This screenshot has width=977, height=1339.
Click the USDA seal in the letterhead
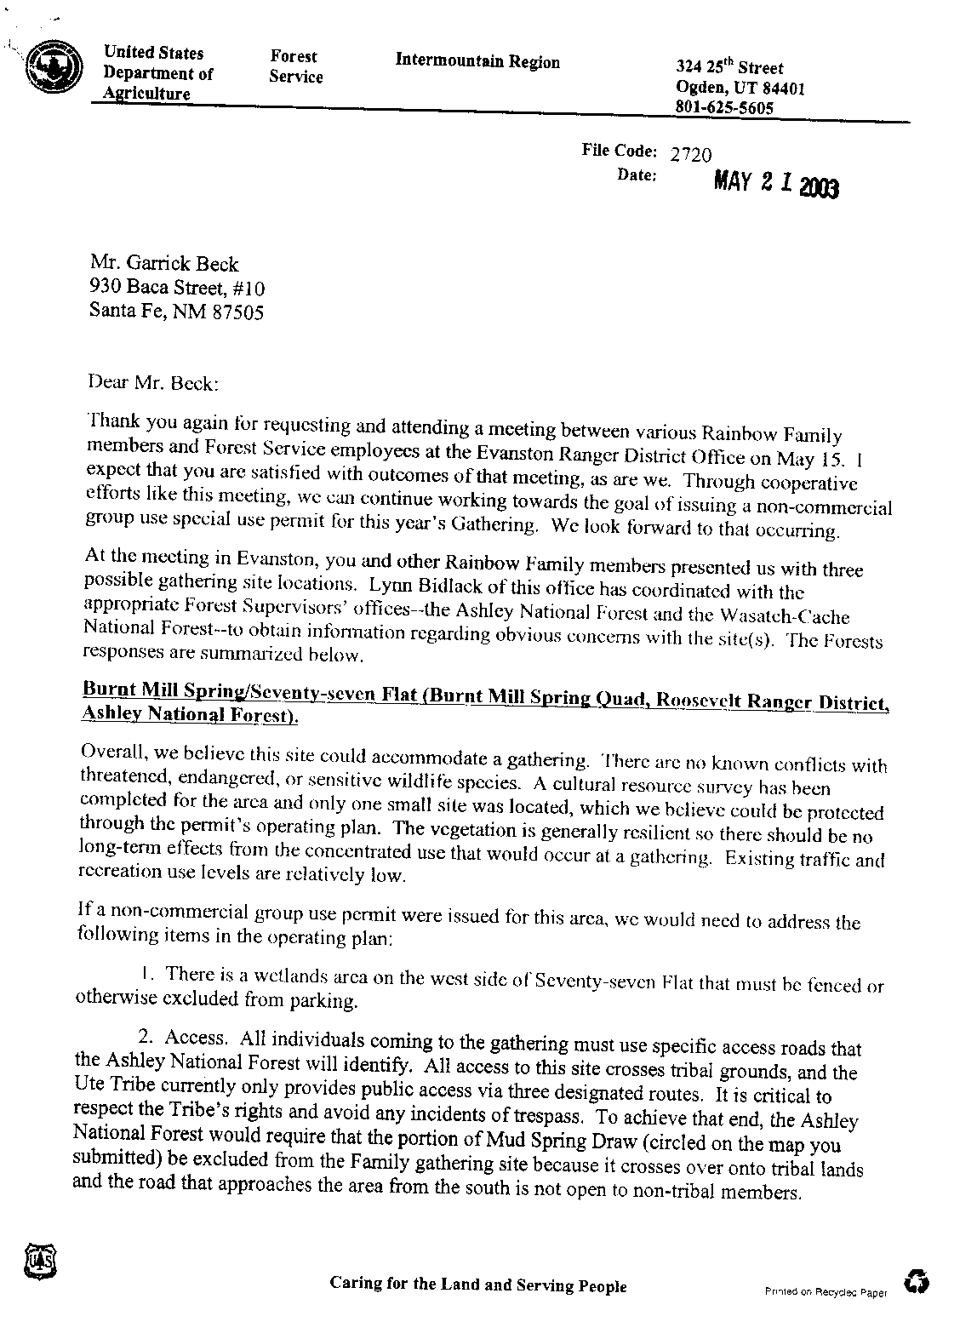(54, 67)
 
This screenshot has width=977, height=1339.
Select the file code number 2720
(690, 155)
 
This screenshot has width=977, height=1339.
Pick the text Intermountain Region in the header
(477, 61)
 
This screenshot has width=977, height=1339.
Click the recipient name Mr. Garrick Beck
(164, 264)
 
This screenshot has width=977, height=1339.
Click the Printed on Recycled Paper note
(826, 1292)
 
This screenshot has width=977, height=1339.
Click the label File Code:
(619, 151)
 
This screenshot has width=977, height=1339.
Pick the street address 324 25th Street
(728, 67)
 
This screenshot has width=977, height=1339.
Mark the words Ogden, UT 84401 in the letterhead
(740, 88)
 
